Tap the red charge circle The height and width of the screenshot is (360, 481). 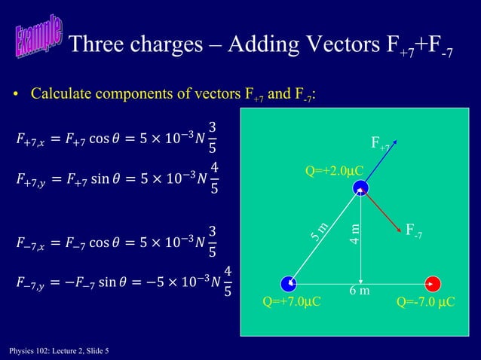[x=434, y=284]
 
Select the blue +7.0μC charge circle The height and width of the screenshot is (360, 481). [x=288, y=284]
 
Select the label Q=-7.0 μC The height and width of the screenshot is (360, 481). [x=426, y=303]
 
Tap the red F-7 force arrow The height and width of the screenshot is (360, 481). [x=382, y=210]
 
